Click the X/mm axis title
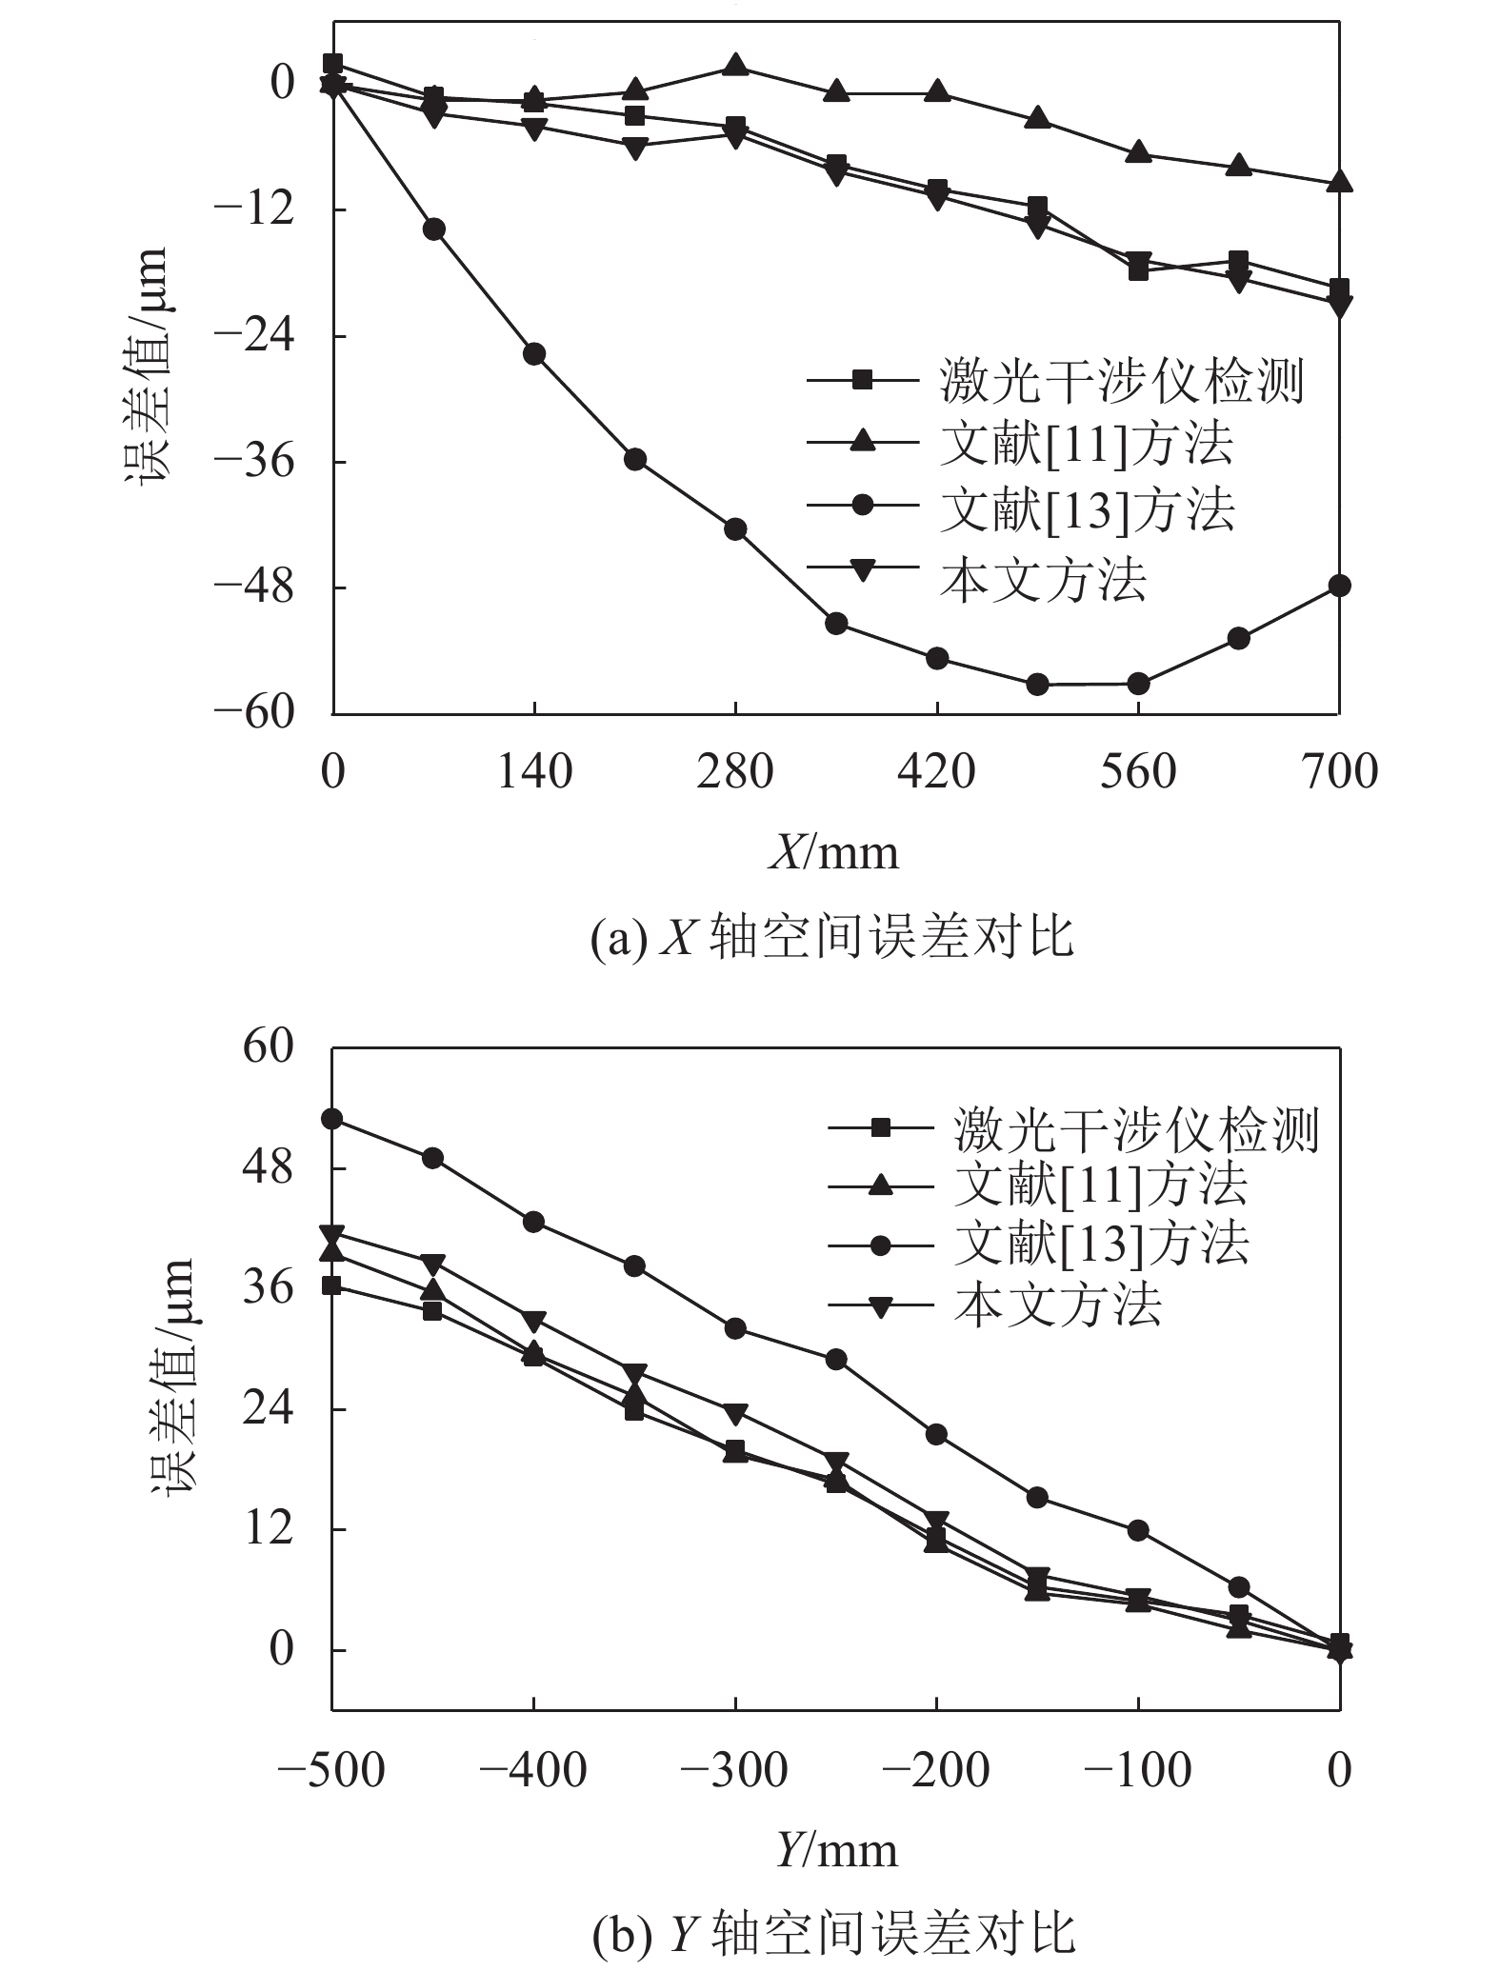click(833, 852)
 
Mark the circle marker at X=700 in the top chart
click(1339, 586)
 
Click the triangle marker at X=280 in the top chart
click(735, 66)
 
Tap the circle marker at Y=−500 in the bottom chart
click(332, 1119)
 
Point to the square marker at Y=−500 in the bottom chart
click(332, 1285)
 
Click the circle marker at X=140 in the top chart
click(534, 354)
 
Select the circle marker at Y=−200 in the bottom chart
click(936, 1434)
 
